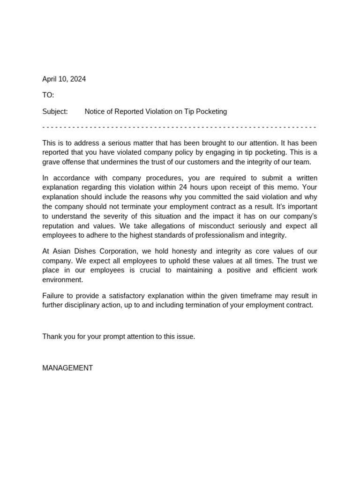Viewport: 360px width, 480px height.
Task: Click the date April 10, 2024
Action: pos(64,79)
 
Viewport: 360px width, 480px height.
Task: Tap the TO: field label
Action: pos(48,95)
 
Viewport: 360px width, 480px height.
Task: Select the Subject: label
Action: pos(55,112)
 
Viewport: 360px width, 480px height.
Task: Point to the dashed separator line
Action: pos(180,127)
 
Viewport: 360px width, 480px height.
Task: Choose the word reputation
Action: pos(60,225)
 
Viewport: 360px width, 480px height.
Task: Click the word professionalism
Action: pos(225,235)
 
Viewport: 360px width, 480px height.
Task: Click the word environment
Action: pos(62,280)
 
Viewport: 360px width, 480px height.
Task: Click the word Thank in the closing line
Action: pos(52,337)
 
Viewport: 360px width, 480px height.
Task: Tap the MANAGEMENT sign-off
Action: pos(67,368)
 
